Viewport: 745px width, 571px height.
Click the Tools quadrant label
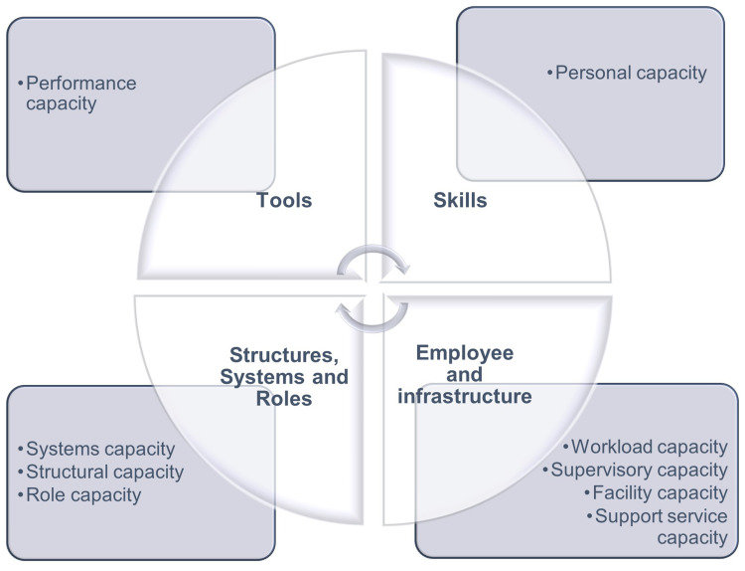(x=284, y=201)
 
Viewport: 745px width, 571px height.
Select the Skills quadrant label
(x=460, y=201)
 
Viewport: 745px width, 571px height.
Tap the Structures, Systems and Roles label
(x=289, y=377)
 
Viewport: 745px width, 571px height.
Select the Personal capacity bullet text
(x=630, y=72)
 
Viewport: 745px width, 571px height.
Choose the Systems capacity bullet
(x=99, y=449)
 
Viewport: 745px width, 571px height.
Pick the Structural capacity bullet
(x=104, y=472)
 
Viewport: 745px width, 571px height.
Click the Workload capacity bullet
(x=645, y=447)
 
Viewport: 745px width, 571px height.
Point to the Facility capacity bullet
(x=656, y=492)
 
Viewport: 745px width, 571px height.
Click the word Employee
(x=465, y=353)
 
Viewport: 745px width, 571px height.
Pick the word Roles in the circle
(x=289, y=399)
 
